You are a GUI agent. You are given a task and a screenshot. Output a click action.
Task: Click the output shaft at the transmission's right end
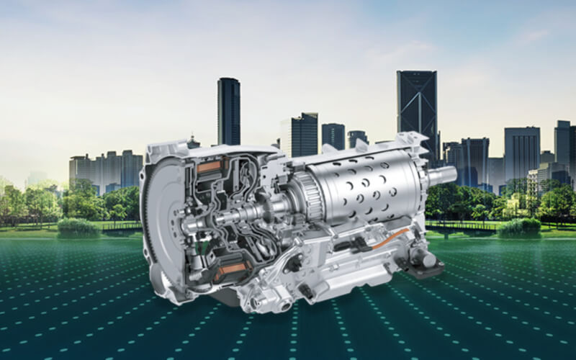pyautogui.click(x=442, y=175)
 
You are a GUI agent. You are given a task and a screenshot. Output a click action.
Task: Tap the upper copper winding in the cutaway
pyautogui.click(x=208, y=168)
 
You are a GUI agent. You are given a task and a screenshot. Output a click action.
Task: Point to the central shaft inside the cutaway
pyautogui.click(x=223, y=218)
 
